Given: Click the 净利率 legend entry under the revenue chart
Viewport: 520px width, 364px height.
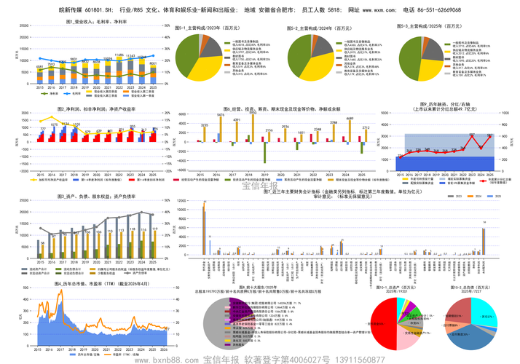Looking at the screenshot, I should pyautogui.click(x=51, y=94).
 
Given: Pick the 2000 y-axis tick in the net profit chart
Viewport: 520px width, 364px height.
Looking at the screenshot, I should pyautogui.click(x=23, y=123).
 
